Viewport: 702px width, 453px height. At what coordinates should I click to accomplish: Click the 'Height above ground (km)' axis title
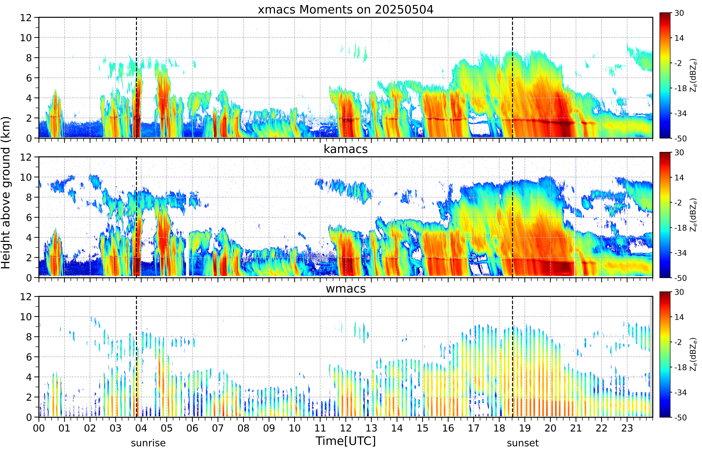6,193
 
